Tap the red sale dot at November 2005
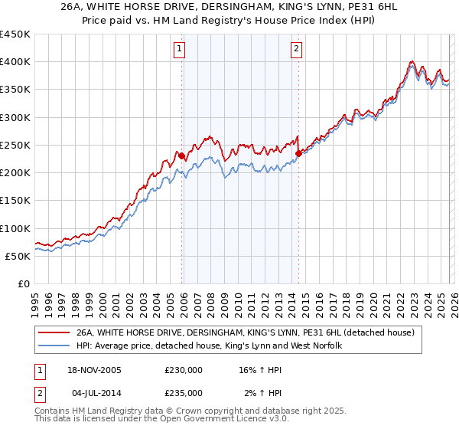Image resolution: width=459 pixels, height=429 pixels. pyautogui.click(x=182, y=156)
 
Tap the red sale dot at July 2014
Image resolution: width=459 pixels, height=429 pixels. pyautogui.click(x=298, y=153)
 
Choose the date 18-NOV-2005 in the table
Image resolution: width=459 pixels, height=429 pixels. pyautogui.click(x=93, y=369)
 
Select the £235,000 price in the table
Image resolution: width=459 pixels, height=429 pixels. pyautogui.click(x=183, y=392)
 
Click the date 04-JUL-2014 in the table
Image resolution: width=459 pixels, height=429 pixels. pyautogui.click(x=93, y=392)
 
